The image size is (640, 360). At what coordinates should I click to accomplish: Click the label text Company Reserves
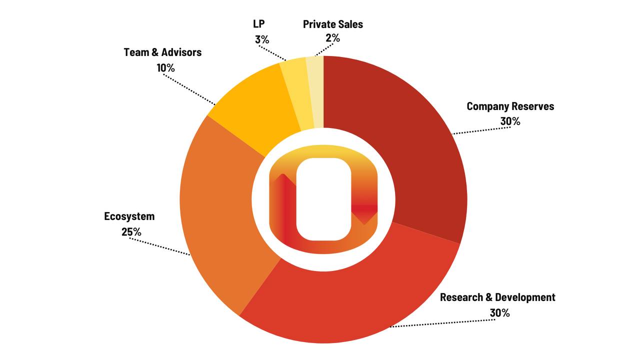[x=510, y=106]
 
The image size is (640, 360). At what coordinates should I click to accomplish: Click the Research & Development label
[x=497, y=297]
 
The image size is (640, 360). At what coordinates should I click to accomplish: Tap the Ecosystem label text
[x=129, y=216]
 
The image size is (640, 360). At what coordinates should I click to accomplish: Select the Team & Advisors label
[x=162, y=52]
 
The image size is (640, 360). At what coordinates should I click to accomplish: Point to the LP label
[x=259, y=24]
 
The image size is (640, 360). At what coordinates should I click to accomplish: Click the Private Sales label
[x=333, y=24]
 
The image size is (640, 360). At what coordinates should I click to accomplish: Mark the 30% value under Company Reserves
[x=510, y=121]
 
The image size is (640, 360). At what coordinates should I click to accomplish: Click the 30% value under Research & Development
[x=500, y=313]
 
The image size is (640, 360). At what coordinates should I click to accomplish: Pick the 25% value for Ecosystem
[x=131, y=232]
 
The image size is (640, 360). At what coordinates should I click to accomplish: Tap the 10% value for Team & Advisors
[x=165, y=68]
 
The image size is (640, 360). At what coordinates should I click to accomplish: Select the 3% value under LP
[x=262, y=39]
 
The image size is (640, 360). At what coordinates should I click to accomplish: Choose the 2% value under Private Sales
[x=332, y=38]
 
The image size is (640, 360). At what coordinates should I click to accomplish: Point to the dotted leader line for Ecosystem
[x=160, y=247]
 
